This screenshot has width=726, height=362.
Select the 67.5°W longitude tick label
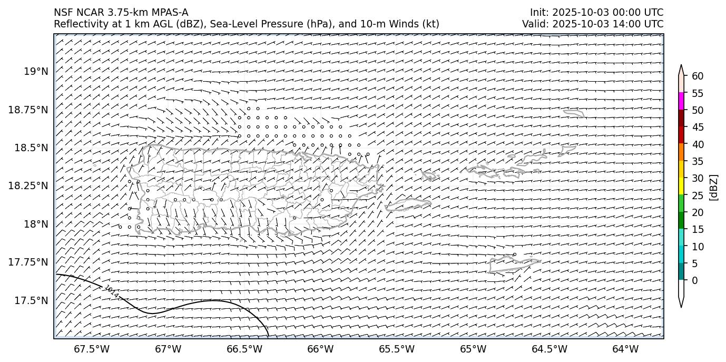point(92,349)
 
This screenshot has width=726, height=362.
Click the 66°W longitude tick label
point(320,349)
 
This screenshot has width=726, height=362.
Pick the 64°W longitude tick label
point(625,349)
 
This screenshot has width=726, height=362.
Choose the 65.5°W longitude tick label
point(397,349)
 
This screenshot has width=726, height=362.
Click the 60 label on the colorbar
point(698,76)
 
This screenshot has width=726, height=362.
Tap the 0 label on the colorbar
point(694,280)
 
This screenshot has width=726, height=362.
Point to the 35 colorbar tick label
point(698,161)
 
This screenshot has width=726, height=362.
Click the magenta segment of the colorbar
point(681,101)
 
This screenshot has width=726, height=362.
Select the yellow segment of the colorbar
point(681,186)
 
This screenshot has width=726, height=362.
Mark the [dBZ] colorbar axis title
point(714,187)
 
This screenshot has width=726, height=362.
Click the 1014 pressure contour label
point(111,291)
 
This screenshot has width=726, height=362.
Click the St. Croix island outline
point(514,265)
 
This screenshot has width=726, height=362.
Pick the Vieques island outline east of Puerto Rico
point(408,205)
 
